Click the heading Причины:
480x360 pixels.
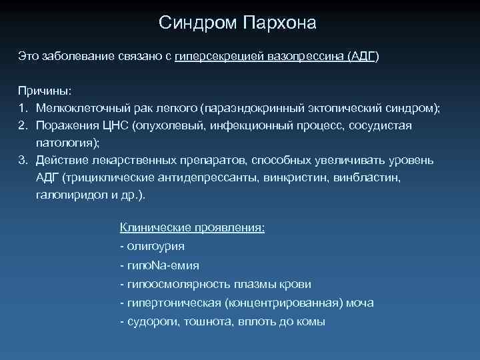pyautogui.click(x=44, y=90)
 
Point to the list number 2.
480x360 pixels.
pyautogui.click(x=22, y=125)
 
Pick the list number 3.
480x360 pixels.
pyautogui.click(x=22, y=161)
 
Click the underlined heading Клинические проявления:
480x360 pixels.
pyautogui.click(x=192, y=228)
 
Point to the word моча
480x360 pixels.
pyautogui.click(x=361, y=303)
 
